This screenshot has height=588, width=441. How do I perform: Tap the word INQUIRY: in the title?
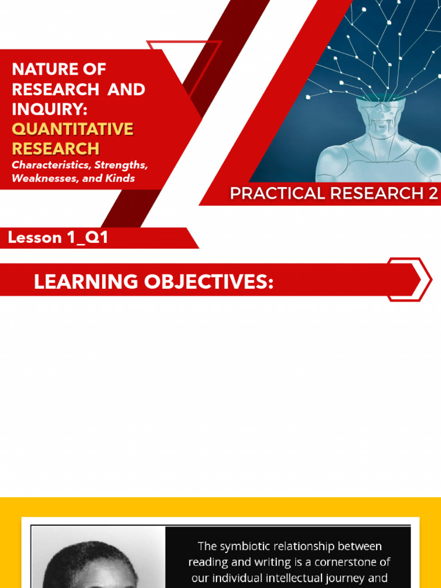[x=49, y=109]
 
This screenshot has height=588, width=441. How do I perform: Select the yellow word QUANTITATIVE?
[x=72, y=129]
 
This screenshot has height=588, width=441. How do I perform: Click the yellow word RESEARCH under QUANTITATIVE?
[x=56, y=149]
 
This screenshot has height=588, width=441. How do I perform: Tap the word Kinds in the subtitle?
[x=119, y=179]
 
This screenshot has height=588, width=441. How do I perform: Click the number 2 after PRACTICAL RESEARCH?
[x=432, y=194]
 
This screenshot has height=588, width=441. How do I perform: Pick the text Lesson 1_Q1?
[x=58, y=238]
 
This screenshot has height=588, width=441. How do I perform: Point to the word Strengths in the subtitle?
[x=121, y=165]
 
